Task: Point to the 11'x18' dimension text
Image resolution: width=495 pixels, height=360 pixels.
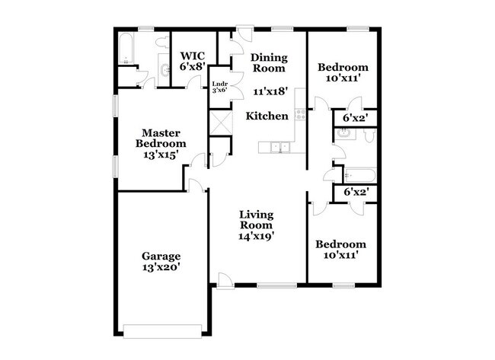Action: [270, 91]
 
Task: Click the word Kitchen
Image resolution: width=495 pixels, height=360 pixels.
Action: [267, 116]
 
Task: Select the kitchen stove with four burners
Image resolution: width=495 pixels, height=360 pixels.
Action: [300, 116]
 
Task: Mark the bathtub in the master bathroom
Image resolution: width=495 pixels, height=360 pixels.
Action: [127, 50]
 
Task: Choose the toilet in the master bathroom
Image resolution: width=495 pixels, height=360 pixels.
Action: [128, 74]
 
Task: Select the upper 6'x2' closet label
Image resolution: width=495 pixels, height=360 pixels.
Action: [356, 119]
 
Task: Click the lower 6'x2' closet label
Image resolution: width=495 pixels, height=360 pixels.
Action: [356, 193]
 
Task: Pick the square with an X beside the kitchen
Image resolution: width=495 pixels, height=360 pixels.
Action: [220, 123]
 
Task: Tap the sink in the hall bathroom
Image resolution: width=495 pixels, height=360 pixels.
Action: [343, 134]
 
